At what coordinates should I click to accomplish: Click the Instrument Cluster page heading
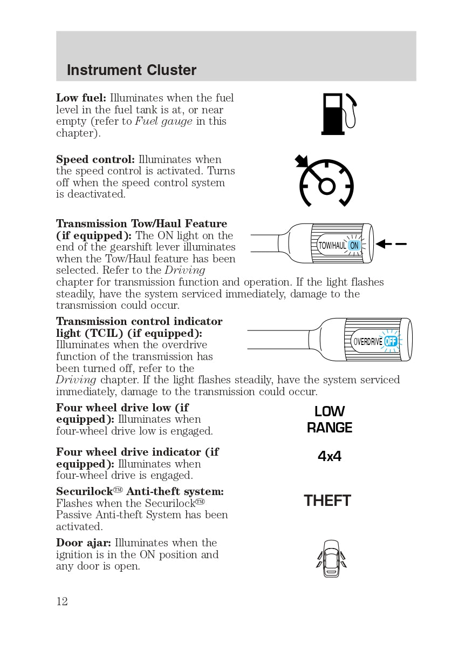[132, 70]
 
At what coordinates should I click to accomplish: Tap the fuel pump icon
[338, 114]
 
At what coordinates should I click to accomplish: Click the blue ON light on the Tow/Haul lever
[354, 246]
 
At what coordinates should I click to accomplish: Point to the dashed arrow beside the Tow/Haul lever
[391, 245]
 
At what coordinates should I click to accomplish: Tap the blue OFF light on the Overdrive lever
[391, 341]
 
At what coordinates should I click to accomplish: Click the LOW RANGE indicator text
[330, 419]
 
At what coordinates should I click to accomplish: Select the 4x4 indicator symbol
[330, 456]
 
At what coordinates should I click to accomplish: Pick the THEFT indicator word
[327, 500]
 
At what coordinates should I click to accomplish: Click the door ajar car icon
[331, 558]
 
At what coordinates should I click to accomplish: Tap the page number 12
[62, 601]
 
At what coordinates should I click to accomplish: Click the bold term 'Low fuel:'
[81, 98]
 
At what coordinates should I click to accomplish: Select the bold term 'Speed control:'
[95, 159]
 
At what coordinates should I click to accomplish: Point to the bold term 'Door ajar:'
[84, 543]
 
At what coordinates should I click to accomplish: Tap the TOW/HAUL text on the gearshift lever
[332, 246]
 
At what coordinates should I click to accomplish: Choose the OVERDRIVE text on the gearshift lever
[368, 342]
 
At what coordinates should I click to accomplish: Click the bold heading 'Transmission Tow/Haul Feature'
[141, 224]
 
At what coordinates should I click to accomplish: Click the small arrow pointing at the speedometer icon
[301, 161]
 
